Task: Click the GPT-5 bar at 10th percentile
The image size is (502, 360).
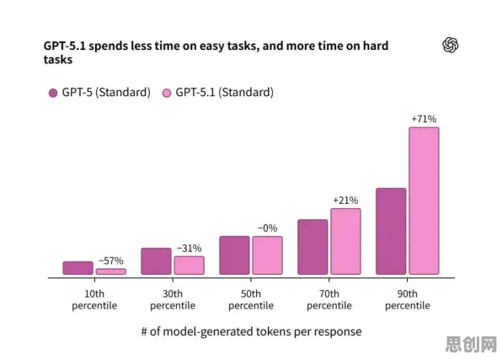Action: coord(78,268)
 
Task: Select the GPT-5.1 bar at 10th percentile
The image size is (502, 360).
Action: coord(111,271)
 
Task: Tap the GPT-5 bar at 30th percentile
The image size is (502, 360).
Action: coord(156,261)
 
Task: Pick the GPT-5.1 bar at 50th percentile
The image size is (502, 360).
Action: coord(267,255)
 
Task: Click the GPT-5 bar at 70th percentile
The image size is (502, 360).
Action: coord(312,247)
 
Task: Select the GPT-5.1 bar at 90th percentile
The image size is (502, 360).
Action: coord(424,201)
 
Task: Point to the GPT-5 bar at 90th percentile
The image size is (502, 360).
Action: coord(391,232)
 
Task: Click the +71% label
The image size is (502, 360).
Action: coord(424,119)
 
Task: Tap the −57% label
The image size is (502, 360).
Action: coord(111,261)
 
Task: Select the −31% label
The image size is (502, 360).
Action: coord(190,248)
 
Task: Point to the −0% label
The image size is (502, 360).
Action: coord(267,228)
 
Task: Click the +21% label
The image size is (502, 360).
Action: coord(345,201)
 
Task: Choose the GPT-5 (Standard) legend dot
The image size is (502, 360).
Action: coord(53,93)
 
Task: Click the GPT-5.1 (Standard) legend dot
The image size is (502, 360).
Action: coord(167,93)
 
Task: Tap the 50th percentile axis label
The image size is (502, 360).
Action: coord(251,299)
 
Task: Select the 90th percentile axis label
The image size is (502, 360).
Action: coord(408,299)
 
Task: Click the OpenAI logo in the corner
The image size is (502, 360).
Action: coord(450,45)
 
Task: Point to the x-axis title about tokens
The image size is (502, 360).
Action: coord(251,331)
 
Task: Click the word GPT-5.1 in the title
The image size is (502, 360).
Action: coord(65,46)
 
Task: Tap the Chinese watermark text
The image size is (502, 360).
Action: coord(471,345)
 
